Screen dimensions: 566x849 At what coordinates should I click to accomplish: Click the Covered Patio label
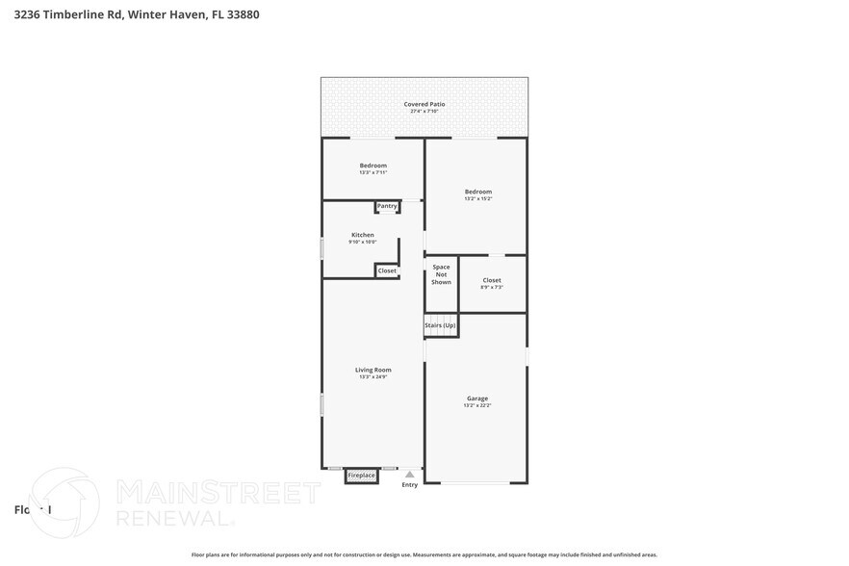click(x=424, y=104)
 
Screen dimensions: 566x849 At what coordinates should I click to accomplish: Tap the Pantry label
click(x=387, y=206)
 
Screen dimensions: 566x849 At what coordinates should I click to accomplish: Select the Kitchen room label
click(x=362, y=235)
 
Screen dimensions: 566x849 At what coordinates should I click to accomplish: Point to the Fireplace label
click(x=361, y=476)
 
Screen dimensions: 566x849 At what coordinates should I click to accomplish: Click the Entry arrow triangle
click(x=410, y=474)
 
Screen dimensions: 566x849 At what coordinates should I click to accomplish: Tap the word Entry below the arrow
click(x=410, y=484)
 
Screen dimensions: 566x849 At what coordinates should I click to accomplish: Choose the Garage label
click(x=477, y=399)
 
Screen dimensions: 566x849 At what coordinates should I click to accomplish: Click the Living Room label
click(x=373, y=370)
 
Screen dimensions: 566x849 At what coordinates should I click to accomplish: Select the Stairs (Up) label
click(x=440, y=325)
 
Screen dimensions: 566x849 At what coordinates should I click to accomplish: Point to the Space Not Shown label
click(x=441, y=274)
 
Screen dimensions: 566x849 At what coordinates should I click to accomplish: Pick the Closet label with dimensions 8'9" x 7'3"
click(x=492, y=280)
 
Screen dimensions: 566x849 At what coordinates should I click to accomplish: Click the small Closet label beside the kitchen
click(x=387, y=270)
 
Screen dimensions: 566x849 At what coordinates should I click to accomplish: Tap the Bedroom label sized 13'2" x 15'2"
click(x=477, y=192)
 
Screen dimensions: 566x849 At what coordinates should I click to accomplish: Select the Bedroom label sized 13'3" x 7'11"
click(x=373, y=166)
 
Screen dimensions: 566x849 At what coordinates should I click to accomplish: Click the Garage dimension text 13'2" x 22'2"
click(x=477, y=406)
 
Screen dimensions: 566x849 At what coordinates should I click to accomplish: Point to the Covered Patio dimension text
click(x=424, y=112)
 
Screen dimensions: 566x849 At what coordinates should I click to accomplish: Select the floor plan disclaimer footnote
click(x=424, y=554)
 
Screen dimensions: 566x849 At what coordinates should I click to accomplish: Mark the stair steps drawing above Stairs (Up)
click(x=440, y=317)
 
